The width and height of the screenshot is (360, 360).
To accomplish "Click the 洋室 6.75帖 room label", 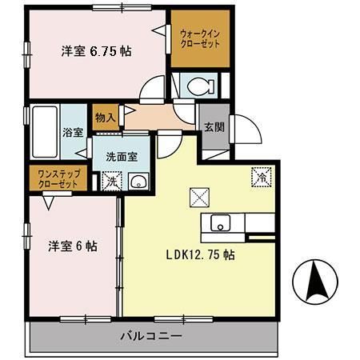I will click(96, 50).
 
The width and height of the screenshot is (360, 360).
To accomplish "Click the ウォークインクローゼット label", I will click(200, 38).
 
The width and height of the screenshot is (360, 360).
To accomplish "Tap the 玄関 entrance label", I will click(213, 126).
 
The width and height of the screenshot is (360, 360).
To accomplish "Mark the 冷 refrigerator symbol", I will click(261, 176).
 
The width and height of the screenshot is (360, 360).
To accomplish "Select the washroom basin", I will click(138, 180).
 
